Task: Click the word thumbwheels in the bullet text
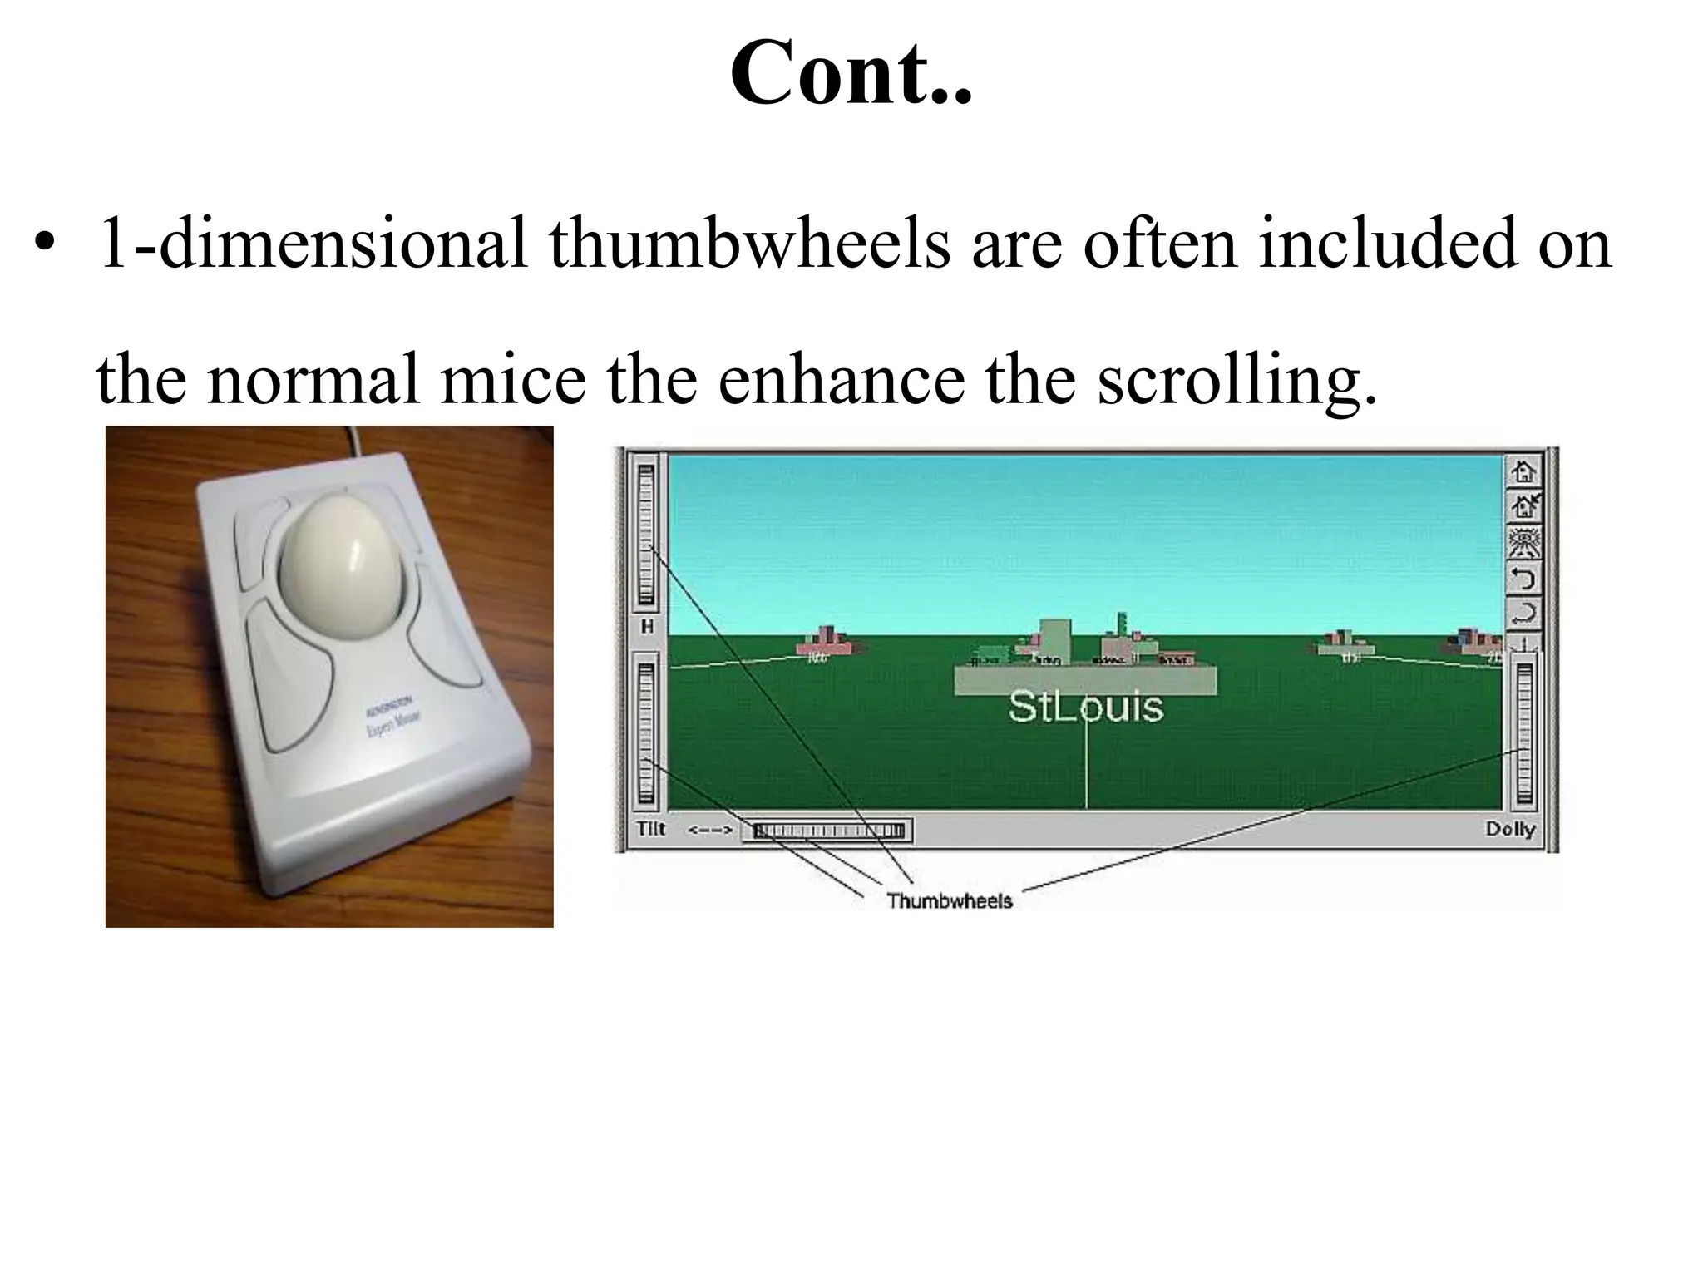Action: coord(748,243)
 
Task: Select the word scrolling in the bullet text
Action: coord(1236,379)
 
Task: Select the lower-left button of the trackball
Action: coord(291,673)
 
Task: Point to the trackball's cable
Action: coord(356,441)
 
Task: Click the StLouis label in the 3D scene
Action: coord(1085,707)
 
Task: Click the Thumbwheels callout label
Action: coord(949,900)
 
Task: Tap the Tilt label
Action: coord(650,829)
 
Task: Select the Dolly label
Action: coord(1510,829)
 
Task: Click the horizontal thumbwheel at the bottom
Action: coord(827,831)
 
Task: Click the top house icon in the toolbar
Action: coord(1524,472)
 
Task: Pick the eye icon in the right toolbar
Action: coord(1524,543)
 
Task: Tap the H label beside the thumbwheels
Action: coord(647,627)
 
